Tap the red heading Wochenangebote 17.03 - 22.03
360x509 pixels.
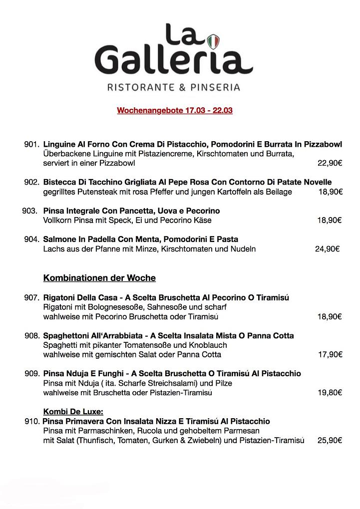[x=174, y=110]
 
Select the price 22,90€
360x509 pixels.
[x=330, y=163]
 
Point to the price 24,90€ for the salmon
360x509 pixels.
[x=327, y=249]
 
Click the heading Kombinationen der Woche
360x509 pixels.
[x=99, y=278]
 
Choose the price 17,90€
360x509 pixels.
[x=330, y=354]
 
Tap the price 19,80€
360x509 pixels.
[x=330, y=393]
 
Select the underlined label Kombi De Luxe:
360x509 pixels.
[x=73, y=412]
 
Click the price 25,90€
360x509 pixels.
[x=330, y=440]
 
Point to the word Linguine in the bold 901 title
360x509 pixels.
[x=59, y=144]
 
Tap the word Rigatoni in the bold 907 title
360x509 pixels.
[x=59, y=297]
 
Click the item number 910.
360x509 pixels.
[x=31, y=421]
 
